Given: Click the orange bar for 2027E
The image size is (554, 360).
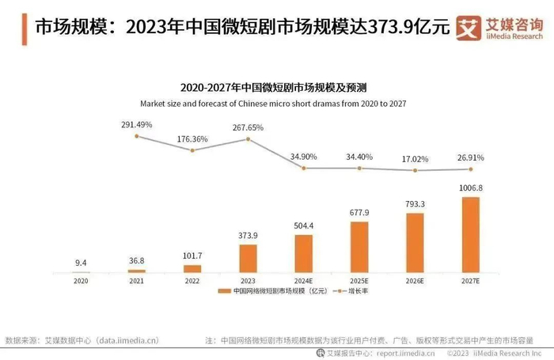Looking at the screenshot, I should pos(471,234).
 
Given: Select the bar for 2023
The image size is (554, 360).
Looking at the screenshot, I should pos(248,258).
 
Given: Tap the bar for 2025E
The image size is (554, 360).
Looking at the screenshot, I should pos(359,247).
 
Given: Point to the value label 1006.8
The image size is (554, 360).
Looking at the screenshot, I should pos(471,188).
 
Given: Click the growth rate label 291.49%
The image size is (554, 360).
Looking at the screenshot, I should pos(136,125).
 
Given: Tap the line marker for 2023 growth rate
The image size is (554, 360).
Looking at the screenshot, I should pos(248,139).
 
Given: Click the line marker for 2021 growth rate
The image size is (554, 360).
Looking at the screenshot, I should pos(136,136).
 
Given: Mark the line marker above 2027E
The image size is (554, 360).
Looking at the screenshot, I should pos(471,169).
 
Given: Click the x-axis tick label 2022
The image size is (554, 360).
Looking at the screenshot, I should pos(192,280).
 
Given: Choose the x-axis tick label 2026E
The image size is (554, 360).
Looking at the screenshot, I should pos(415,280).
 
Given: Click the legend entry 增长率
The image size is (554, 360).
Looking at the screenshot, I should pos(356,291).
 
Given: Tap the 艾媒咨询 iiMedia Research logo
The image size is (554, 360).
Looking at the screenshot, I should pos(499,28).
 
